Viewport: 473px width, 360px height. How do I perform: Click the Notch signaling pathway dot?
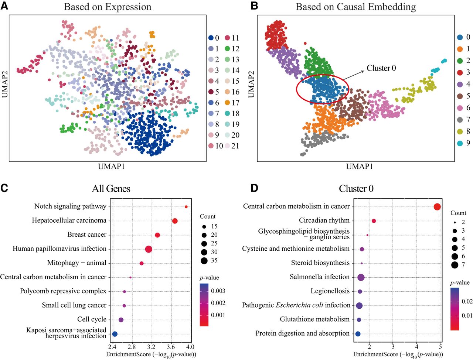click(x=186, y=207)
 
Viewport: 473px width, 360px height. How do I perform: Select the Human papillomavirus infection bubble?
click(x=149, y=249)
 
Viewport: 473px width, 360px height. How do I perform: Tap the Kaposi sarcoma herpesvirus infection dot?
click(x=115, y=334)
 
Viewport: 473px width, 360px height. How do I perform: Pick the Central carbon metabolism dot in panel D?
click(x=437, y=207)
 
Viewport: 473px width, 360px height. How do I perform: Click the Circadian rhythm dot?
click(x=374, y=221)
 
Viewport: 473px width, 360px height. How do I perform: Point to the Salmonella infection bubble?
click(x=361, y=277)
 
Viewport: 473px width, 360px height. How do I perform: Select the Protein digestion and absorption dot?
click(x=358, y=334)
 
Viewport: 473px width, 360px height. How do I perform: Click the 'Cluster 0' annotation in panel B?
click(x=381, y=68)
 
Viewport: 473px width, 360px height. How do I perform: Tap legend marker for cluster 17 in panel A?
click(x=228, y=103)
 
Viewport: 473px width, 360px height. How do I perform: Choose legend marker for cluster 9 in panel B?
click(x=460, y=143)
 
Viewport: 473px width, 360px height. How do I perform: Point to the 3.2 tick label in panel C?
click(x=152, y=347)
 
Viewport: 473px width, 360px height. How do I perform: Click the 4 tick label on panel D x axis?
click(x=416, y=347)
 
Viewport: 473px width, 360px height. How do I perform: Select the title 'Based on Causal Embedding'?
click(x=356, y=7)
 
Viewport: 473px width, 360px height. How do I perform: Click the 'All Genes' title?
click(x=111, y=189)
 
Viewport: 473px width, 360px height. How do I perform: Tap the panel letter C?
click(x=4, y=188)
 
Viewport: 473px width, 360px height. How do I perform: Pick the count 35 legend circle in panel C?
click(x=204, y=261)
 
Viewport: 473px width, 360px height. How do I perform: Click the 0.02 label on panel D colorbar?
click(x=467, y=301)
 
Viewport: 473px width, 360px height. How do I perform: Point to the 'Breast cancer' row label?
click(x=87, y=234)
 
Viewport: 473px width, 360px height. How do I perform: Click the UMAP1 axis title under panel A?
click(x=111, y=167)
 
